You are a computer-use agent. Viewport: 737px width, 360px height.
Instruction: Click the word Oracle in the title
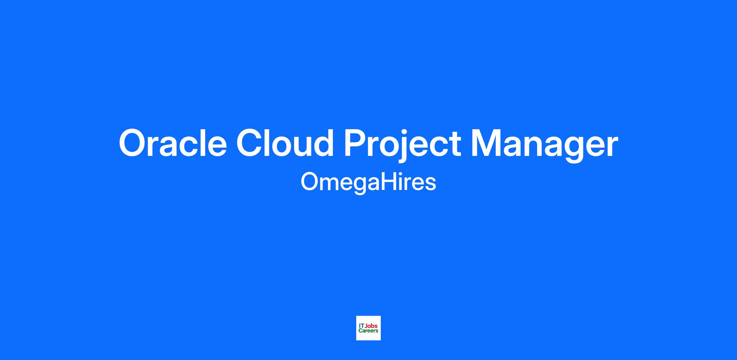coord(173,143)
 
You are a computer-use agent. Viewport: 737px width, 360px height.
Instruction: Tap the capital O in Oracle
coord(134,143)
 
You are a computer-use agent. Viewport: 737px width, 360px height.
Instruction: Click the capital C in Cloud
coord(250,143)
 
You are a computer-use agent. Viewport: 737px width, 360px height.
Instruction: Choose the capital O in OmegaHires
coord(310,181)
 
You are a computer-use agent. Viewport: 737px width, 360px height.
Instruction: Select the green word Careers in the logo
coord(368,331)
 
